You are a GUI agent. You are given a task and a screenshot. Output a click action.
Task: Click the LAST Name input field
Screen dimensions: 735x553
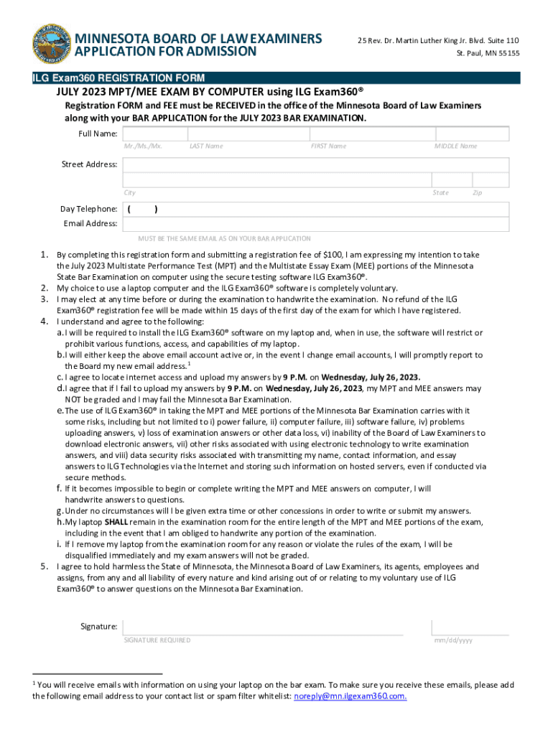247,134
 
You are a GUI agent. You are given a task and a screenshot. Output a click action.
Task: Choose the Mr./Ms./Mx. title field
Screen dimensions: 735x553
154,134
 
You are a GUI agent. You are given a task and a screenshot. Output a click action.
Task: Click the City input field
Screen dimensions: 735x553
276,179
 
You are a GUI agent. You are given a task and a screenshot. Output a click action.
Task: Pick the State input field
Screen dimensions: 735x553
441,179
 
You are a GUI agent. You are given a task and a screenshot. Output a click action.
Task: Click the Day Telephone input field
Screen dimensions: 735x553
316,210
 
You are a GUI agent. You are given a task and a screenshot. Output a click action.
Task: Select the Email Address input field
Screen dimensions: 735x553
316,224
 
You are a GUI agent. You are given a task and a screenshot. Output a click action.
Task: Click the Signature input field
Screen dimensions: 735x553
263,627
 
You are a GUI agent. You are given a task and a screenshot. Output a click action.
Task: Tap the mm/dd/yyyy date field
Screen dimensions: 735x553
470,627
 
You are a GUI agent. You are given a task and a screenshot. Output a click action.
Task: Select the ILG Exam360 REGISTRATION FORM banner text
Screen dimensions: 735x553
118,78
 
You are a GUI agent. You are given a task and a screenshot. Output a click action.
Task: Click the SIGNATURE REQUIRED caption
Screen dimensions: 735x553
157,640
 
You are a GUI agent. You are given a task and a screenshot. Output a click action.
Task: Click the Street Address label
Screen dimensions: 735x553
89,164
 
